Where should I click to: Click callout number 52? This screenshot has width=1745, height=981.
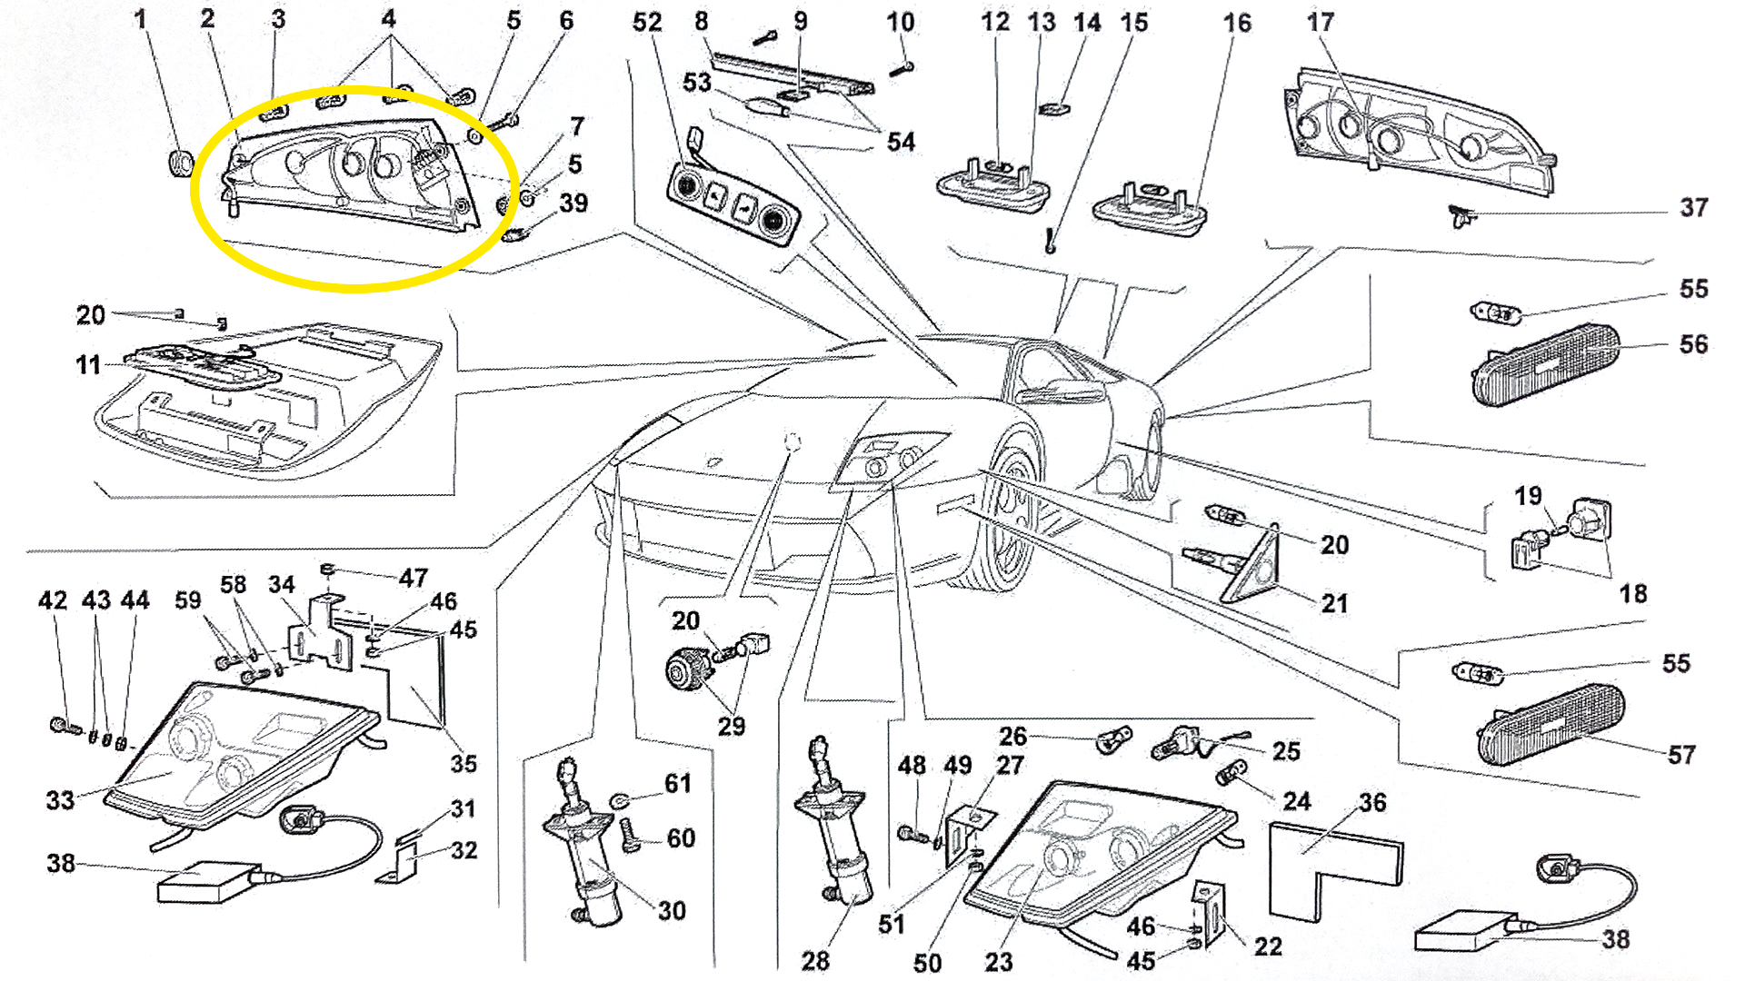646,23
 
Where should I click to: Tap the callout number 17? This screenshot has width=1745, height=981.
1320,23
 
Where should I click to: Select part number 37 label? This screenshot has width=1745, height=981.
1693,208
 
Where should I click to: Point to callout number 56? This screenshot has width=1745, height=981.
1693,344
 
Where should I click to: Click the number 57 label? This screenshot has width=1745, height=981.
1681,755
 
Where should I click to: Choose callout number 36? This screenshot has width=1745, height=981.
1372,803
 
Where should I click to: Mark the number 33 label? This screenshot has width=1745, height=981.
60,800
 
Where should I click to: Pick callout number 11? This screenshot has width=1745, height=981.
87,365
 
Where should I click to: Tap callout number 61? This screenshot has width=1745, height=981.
678,784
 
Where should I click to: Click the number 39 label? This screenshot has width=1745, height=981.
573,203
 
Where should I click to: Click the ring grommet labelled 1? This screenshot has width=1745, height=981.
182,163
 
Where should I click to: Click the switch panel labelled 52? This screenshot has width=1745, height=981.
733,202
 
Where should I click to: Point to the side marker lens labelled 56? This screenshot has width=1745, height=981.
1545,363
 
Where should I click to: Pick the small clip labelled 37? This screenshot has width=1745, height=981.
1461,216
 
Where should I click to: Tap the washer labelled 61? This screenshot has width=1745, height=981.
621,800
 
